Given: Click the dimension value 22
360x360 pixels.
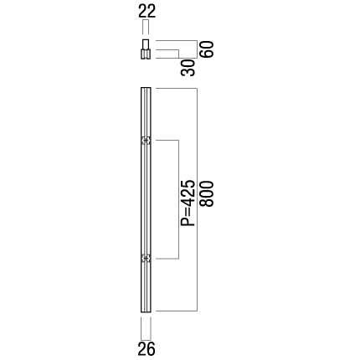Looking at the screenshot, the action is click(147, 12).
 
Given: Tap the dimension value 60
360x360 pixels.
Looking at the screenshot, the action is click(208, 49).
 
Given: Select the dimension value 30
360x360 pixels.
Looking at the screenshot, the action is click(188, 68).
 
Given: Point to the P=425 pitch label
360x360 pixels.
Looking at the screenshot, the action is click(188, 203).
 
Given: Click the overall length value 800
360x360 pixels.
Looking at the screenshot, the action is click(208, 194).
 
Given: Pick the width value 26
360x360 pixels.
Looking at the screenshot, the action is click(147, 349).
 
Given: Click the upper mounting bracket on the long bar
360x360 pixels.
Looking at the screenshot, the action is click(146, 141).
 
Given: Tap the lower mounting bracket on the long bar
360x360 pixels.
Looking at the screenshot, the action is click(146, 259).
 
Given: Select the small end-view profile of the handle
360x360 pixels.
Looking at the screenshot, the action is click(146, 49).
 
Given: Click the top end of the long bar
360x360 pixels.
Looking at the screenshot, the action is click(146, 88).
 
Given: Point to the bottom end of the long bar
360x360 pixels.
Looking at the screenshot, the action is click(146, 311).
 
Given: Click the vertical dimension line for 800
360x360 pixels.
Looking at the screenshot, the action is click(198, 199).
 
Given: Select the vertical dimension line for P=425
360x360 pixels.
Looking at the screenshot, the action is click(178, 199).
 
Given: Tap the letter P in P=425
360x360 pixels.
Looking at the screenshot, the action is click(188, 222).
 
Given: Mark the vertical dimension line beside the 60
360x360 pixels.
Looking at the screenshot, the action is click(198, 49).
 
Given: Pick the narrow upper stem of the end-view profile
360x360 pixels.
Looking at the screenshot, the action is click(146, 44).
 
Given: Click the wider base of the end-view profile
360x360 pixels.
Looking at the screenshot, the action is click(146, 54).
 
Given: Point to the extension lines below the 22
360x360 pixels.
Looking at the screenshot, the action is click(146, 28).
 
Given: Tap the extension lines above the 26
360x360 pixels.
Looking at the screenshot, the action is click(146, 329).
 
